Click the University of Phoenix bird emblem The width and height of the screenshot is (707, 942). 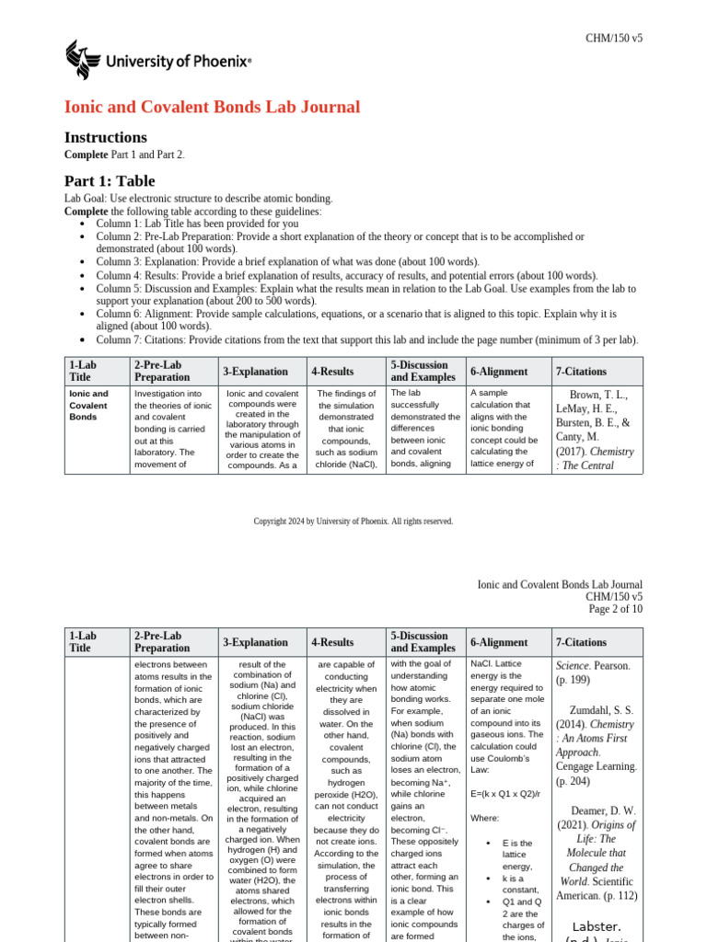click(81, 61)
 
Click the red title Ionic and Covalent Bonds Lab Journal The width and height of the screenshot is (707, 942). click(212, 108)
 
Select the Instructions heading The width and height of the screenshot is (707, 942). click(105, 137)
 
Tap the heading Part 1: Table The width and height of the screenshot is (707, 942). click(110, 181)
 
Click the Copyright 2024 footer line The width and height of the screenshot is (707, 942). click(353, 522)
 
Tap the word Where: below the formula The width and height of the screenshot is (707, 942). click(485, 818)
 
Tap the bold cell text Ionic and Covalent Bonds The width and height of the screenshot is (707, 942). click(89, 405)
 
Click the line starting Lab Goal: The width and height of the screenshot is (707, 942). click(199, 199)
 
